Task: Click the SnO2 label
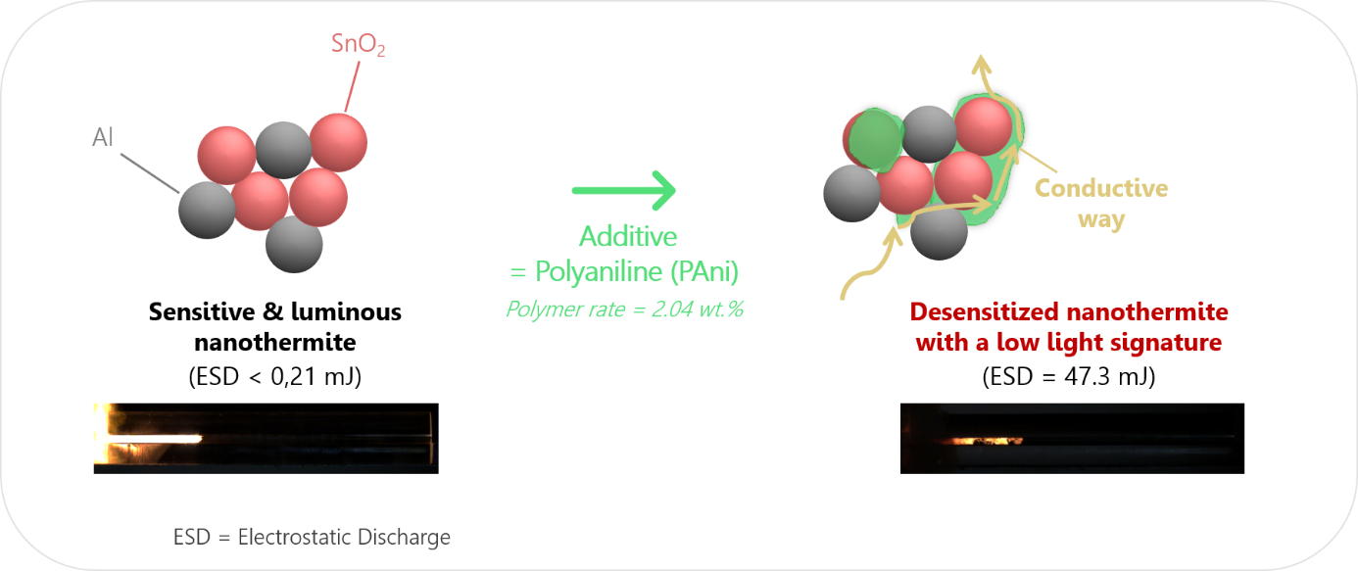pyautogui.click(x=358, y=44)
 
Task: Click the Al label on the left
pyautogui.click(x=103, y=137)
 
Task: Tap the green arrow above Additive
pyautogui.click(x=624, y=190)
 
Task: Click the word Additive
pyautogui.click(x=628, y=236)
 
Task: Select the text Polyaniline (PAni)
pyautogui.click(x=637, y=271)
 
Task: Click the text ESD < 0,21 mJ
pyautogui.click(x=274, y=376)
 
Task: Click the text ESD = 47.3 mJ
pyautogui.click(x=1069, y=376)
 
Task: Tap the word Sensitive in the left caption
pyautogui.click(x=202, y=311)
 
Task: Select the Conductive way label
pyautogui.click(x=1101, y=203)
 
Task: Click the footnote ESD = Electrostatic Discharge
pyautogui.click(x=312, y=537)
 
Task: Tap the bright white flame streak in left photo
pyautogui.click(x=155, y=438)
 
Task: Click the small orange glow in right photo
pyautogui.click(x=987, y=441)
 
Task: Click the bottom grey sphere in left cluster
pyautogui.click(x=294, y=244)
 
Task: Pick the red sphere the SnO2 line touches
pyautogui.click(x=338, y=143)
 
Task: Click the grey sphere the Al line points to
pyautogui.click(x=207, y=211)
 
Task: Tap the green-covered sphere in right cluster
pyautogui.click(x=874, y=139)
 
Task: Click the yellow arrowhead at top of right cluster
pyautogui.click(x=981, y=65)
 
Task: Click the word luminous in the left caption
pyautogui.click(x=346, y=311)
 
